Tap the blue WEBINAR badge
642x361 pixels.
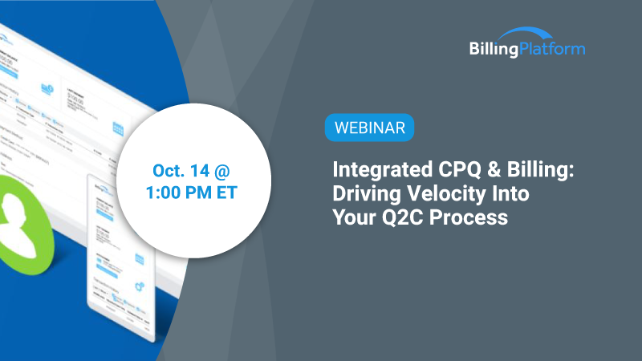pyautogui.click(x=370, y=127)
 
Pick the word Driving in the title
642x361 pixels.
pyautogui.click(x=366, y=194)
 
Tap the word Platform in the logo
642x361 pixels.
pyautogui.click(x=553, y=49)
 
